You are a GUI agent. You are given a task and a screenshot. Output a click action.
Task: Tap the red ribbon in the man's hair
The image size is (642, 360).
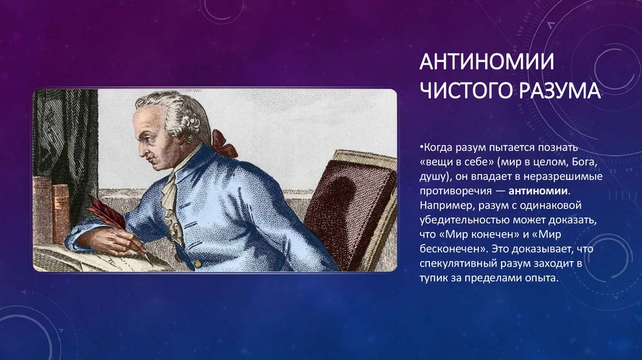click(x=224, y=144)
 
